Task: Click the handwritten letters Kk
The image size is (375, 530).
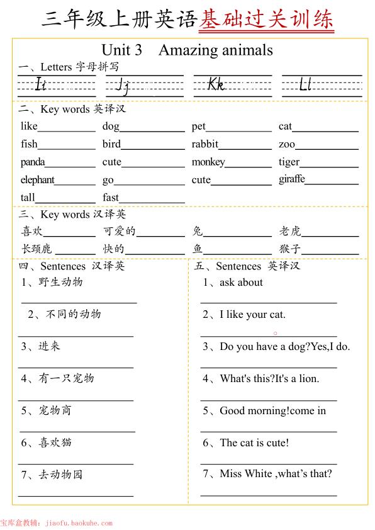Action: (x=216, y=84)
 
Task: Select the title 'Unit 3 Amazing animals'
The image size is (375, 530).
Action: (x=187, y=50)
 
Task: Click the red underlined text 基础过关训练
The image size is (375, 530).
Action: (x=266, y=20)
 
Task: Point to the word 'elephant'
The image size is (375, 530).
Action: (x=37, y=180)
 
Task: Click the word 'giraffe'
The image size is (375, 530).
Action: (x=292, y=179)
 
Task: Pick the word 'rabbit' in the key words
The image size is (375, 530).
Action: (x=205, y=144)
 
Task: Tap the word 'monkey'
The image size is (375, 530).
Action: (x=208, y=162)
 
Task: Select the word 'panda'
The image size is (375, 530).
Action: (x=33, y=162)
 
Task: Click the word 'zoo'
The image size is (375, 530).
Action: (x=287, y=144)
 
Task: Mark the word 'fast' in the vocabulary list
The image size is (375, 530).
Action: (x=111, y=198)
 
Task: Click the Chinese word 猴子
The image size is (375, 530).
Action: (x=291, y=249)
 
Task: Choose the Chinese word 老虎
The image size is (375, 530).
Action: (x=291, y=231)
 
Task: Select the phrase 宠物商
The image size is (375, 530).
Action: (x=55, y=410)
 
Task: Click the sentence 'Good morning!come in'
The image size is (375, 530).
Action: (x=272, y=411)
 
